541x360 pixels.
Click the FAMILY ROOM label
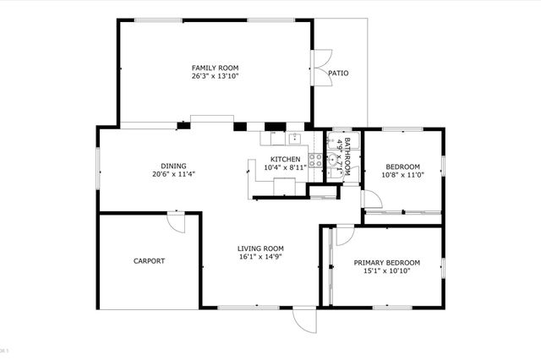[x=214, y=67]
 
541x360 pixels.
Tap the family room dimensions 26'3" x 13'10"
[x=214, y=76]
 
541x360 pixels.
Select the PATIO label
[x=338, y=73]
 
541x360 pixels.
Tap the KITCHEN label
[x=285, y=159]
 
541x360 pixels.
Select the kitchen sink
[x=295, y=139]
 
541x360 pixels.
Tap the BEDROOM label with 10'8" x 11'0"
[x=402, y=166]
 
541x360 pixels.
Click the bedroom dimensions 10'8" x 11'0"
[x=402, y=175]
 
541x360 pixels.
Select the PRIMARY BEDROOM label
[x=385, y=263]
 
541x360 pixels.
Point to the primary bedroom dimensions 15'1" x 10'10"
[x=385, y=272]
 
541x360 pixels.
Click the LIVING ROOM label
[x=260, y=248]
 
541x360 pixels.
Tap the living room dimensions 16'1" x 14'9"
[x=260, y=257]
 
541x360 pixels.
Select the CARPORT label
[x=149, y=261]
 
